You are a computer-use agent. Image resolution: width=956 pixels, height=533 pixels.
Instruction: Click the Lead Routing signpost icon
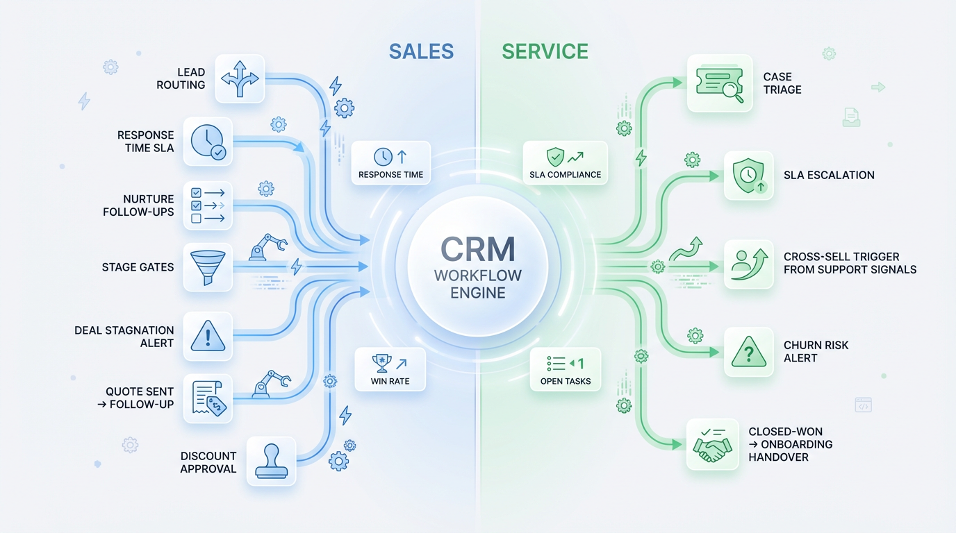pos(240,78)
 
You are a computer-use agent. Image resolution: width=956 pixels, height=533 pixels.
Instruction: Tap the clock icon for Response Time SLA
pos(208,141)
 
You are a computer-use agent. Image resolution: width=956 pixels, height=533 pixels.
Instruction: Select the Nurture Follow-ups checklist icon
pos(208,205)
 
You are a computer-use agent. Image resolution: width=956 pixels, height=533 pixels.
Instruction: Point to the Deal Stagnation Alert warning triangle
pos(208,337)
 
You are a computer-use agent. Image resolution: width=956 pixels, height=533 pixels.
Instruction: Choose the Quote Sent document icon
pos(208,398)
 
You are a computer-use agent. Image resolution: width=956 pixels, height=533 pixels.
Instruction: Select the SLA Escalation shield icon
pos(749,176)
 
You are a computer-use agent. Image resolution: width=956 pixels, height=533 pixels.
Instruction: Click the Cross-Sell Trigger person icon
pos(749,264)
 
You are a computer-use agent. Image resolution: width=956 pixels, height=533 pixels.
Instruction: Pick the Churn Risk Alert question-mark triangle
pos(749,352)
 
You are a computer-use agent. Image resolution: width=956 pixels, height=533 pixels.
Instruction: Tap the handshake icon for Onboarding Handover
pos(712,445)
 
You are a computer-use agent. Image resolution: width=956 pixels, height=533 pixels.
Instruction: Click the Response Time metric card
pos(390,164)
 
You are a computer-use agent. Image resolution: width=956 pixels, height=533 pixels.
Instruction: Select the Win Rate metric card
pos(390,369)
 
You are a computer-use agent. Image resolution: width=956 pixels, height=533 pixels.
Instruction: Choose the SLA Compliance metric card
pos(565,164)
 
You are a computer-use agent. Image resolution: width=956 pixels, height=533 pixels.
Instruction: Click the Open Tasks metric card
pos(565,370)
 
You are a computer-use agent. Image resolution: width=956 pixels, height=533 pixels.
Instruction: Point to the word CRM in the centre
pos(478,248)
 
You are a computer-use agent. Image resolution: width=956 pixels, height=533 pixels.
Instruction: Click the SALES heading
pos(421,51)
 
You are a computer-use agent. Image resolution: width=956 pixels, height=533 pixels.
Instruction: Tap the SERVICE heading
pos(545,51)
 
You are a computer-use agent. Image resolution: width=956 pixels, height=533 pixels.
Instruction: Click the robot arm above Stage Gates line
pos(267,246)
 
